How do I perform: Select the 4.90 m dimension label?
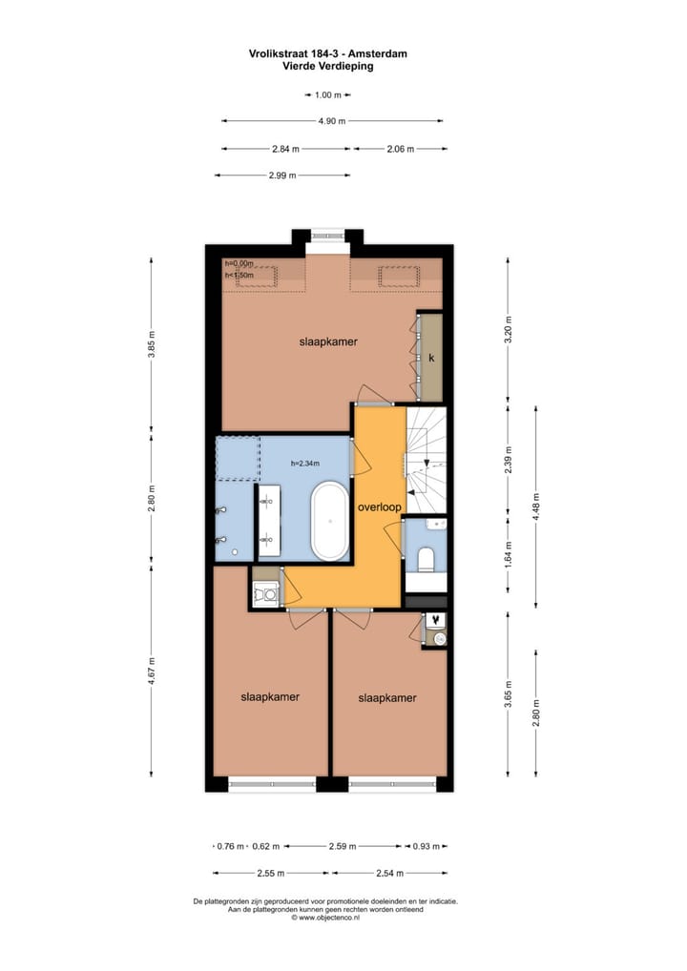pos(333,121)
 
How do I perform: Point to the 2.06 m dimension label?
pos(400,150)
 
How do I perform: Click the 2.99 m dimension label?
pos(281,176)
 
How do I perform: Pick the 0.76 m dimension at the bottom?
pos(230,846)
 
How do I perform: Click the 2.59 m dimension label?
pos(342,846)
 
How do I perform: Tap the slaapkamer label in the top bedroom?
pos(328,341)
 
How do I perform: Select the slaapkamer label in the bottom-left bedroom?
pos(270,697)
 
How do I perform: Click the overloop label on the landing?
pos(379,507)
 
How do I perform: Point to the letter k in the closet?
pos(431,359)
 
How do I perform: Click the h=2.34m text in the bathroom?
pos(305,464)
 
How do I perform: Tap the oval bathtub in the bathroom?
pos(331,521)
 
